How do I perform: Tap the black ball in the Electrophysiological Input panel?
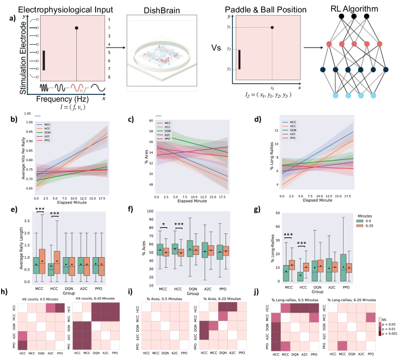tap(76, 27)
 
